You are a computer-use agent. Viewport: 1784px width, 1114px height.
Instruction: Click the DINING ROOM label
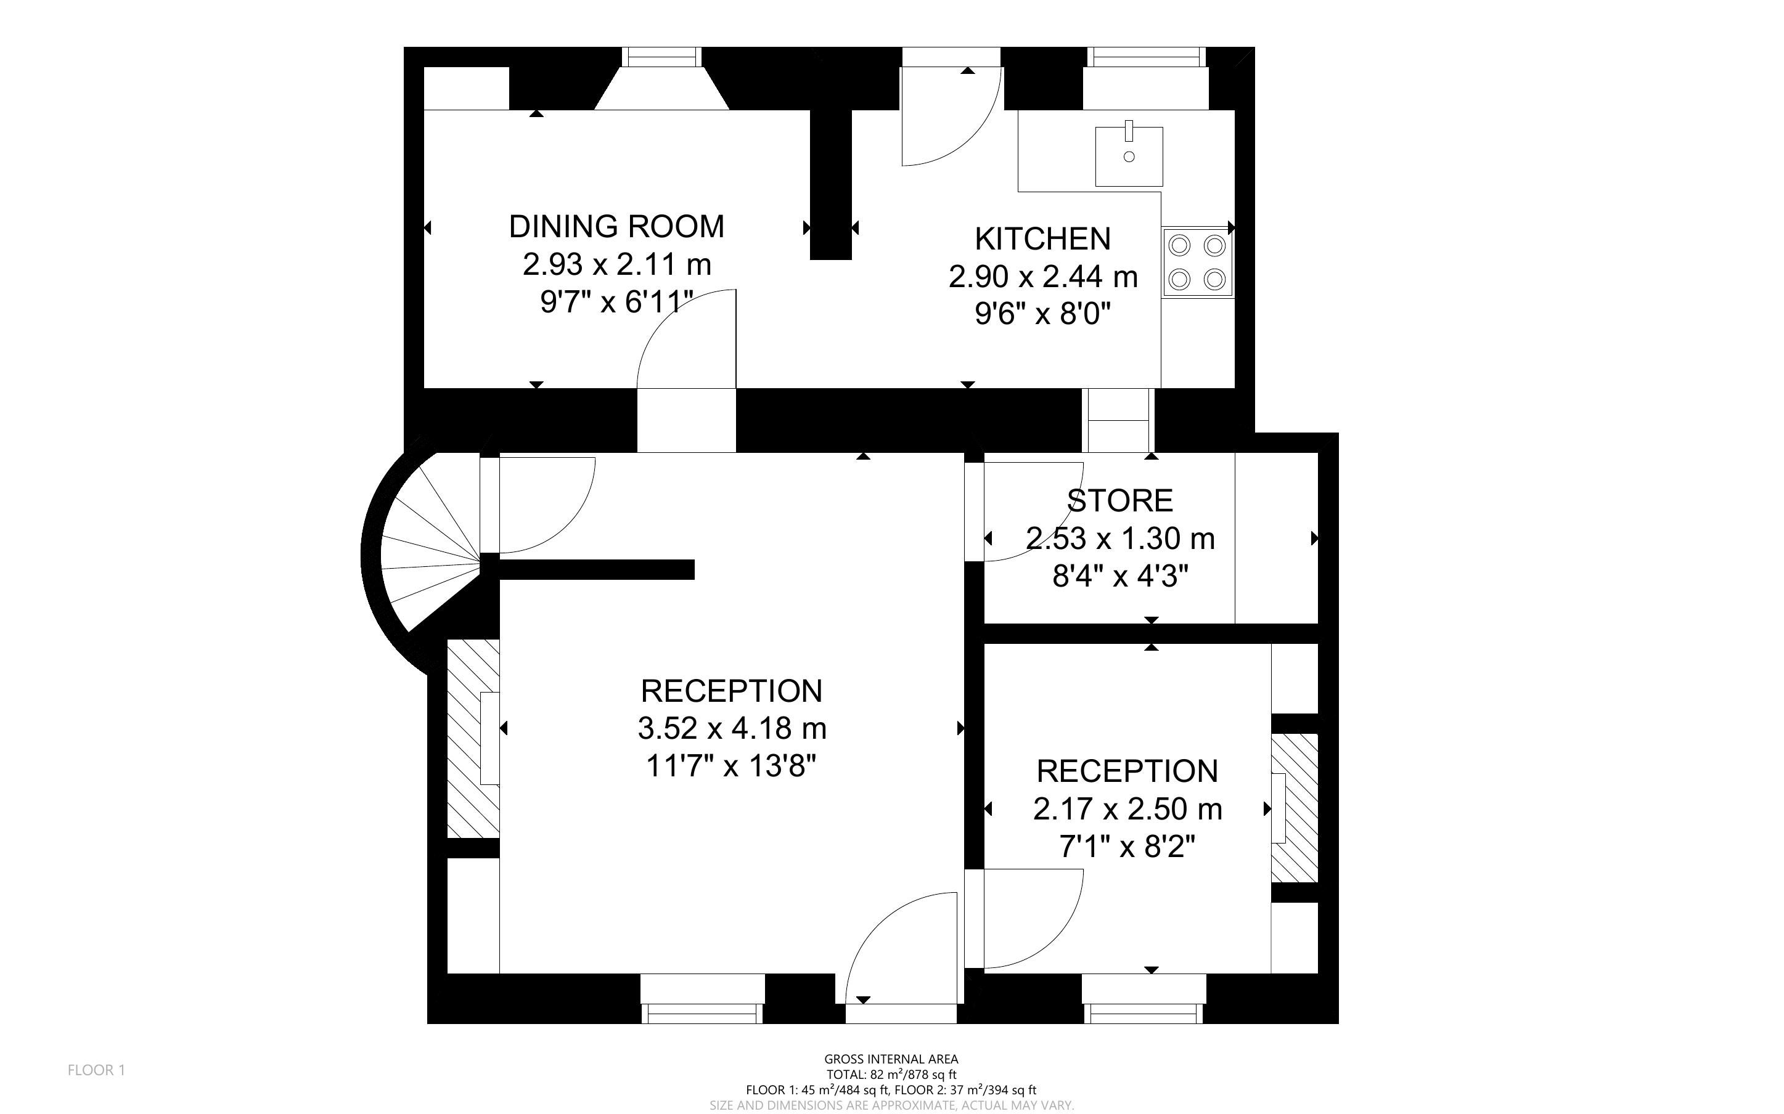617,226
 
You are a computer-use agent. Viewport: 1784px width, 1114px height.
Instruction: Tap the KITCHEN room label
1042,238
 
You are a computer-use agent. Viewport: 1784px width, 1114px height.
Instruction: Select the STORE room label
1120,501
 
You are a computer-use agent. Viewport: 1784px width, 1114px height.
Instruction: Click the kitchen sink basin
1129,157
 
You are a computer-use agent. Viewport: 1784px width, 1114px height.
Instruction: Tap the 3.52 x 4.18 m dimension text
732,729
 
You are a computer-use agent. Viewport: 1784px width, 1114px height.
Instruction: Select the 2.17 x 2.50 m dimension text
1127,809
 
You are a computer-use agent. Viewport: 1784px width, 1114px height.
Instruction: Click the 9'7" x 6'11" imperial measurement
617,302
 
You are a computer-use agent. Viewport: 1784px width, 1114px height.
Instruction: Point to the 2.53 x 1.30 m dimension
1120,539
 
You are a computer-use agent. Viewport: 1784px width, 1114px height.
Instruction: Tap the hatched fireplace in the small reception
1295,808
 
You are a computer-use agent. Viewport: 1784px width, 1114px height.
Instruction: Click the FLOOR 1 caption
97,1070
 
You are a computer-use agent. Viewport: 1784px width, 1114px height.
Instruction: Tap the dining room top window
661,57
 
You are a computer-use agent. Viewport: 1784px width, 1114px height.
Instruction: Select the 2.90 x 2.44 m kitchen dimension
1042,277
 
